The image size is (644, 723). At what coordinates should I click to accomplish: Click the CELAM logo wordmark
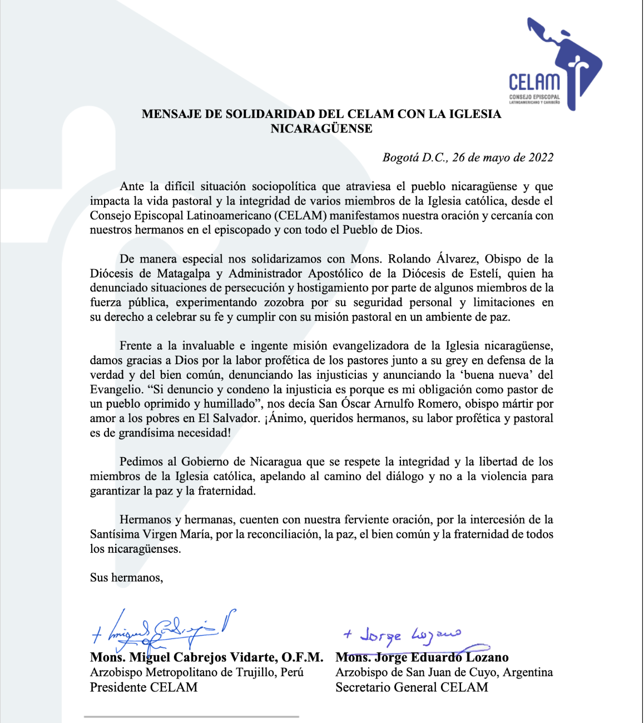tap(534, 82)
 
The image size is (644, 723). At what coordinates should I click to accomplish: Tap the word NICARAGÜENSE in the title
tap(321, 128)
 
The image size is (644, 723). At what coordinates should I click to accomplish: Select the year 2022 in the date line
tap(541, 157)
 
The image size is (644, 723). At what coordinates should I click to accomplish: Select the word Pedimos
tap(141, 462)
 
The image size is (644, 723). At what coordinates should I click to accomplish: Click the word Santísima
tap(115, 534)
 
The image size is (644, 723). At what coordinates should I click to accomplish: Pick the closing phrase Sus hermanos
tap(126, 578)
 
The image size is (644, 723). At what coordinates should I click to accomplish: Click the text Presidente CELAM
tap(143, 687)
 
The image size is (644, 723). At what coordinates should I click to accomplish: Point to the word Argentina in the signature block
tap(528, 672)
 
